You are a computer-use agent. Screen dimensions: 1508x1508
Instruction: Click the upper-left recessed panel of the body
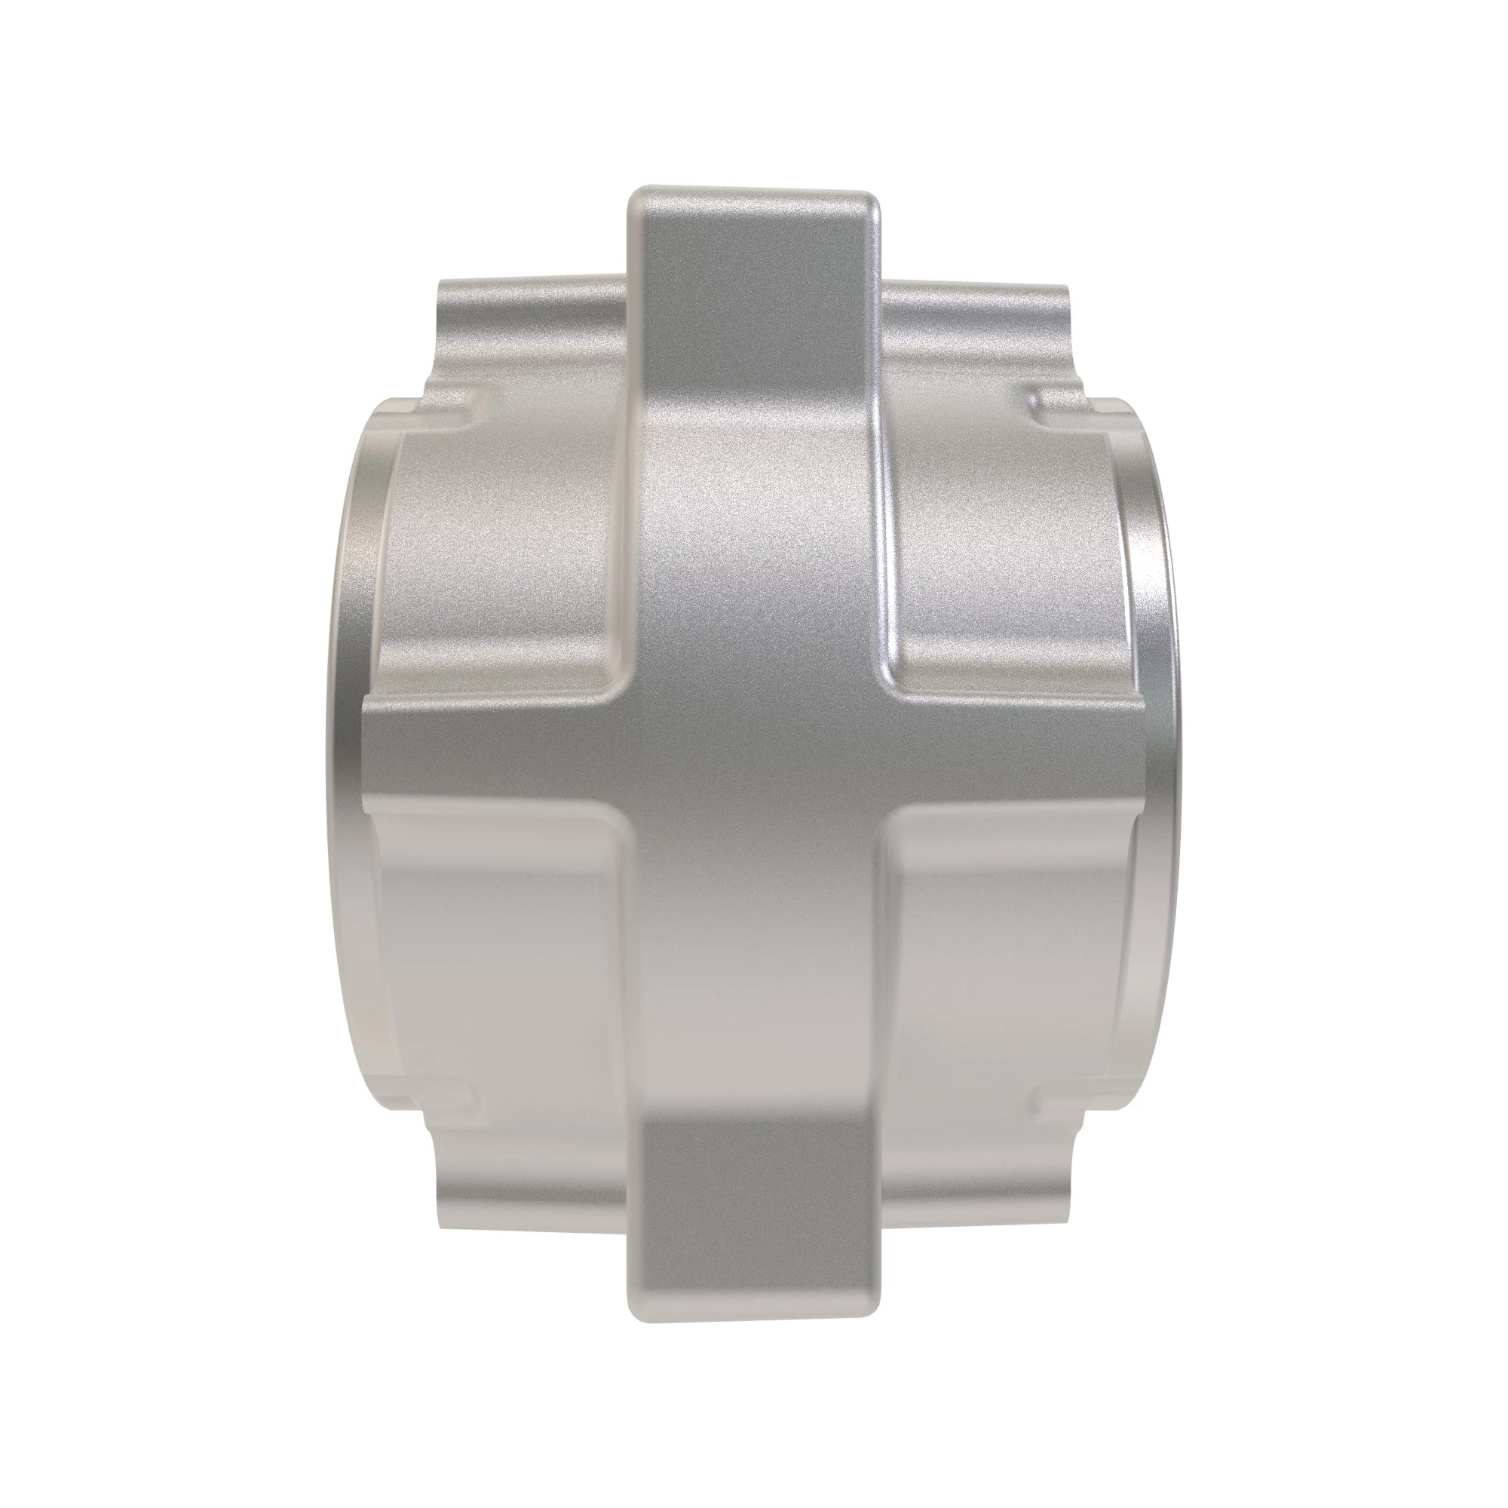coord(500,547)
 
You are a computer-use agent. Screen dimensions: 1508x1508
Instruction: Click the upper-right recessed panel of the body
coord(1007,547)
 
